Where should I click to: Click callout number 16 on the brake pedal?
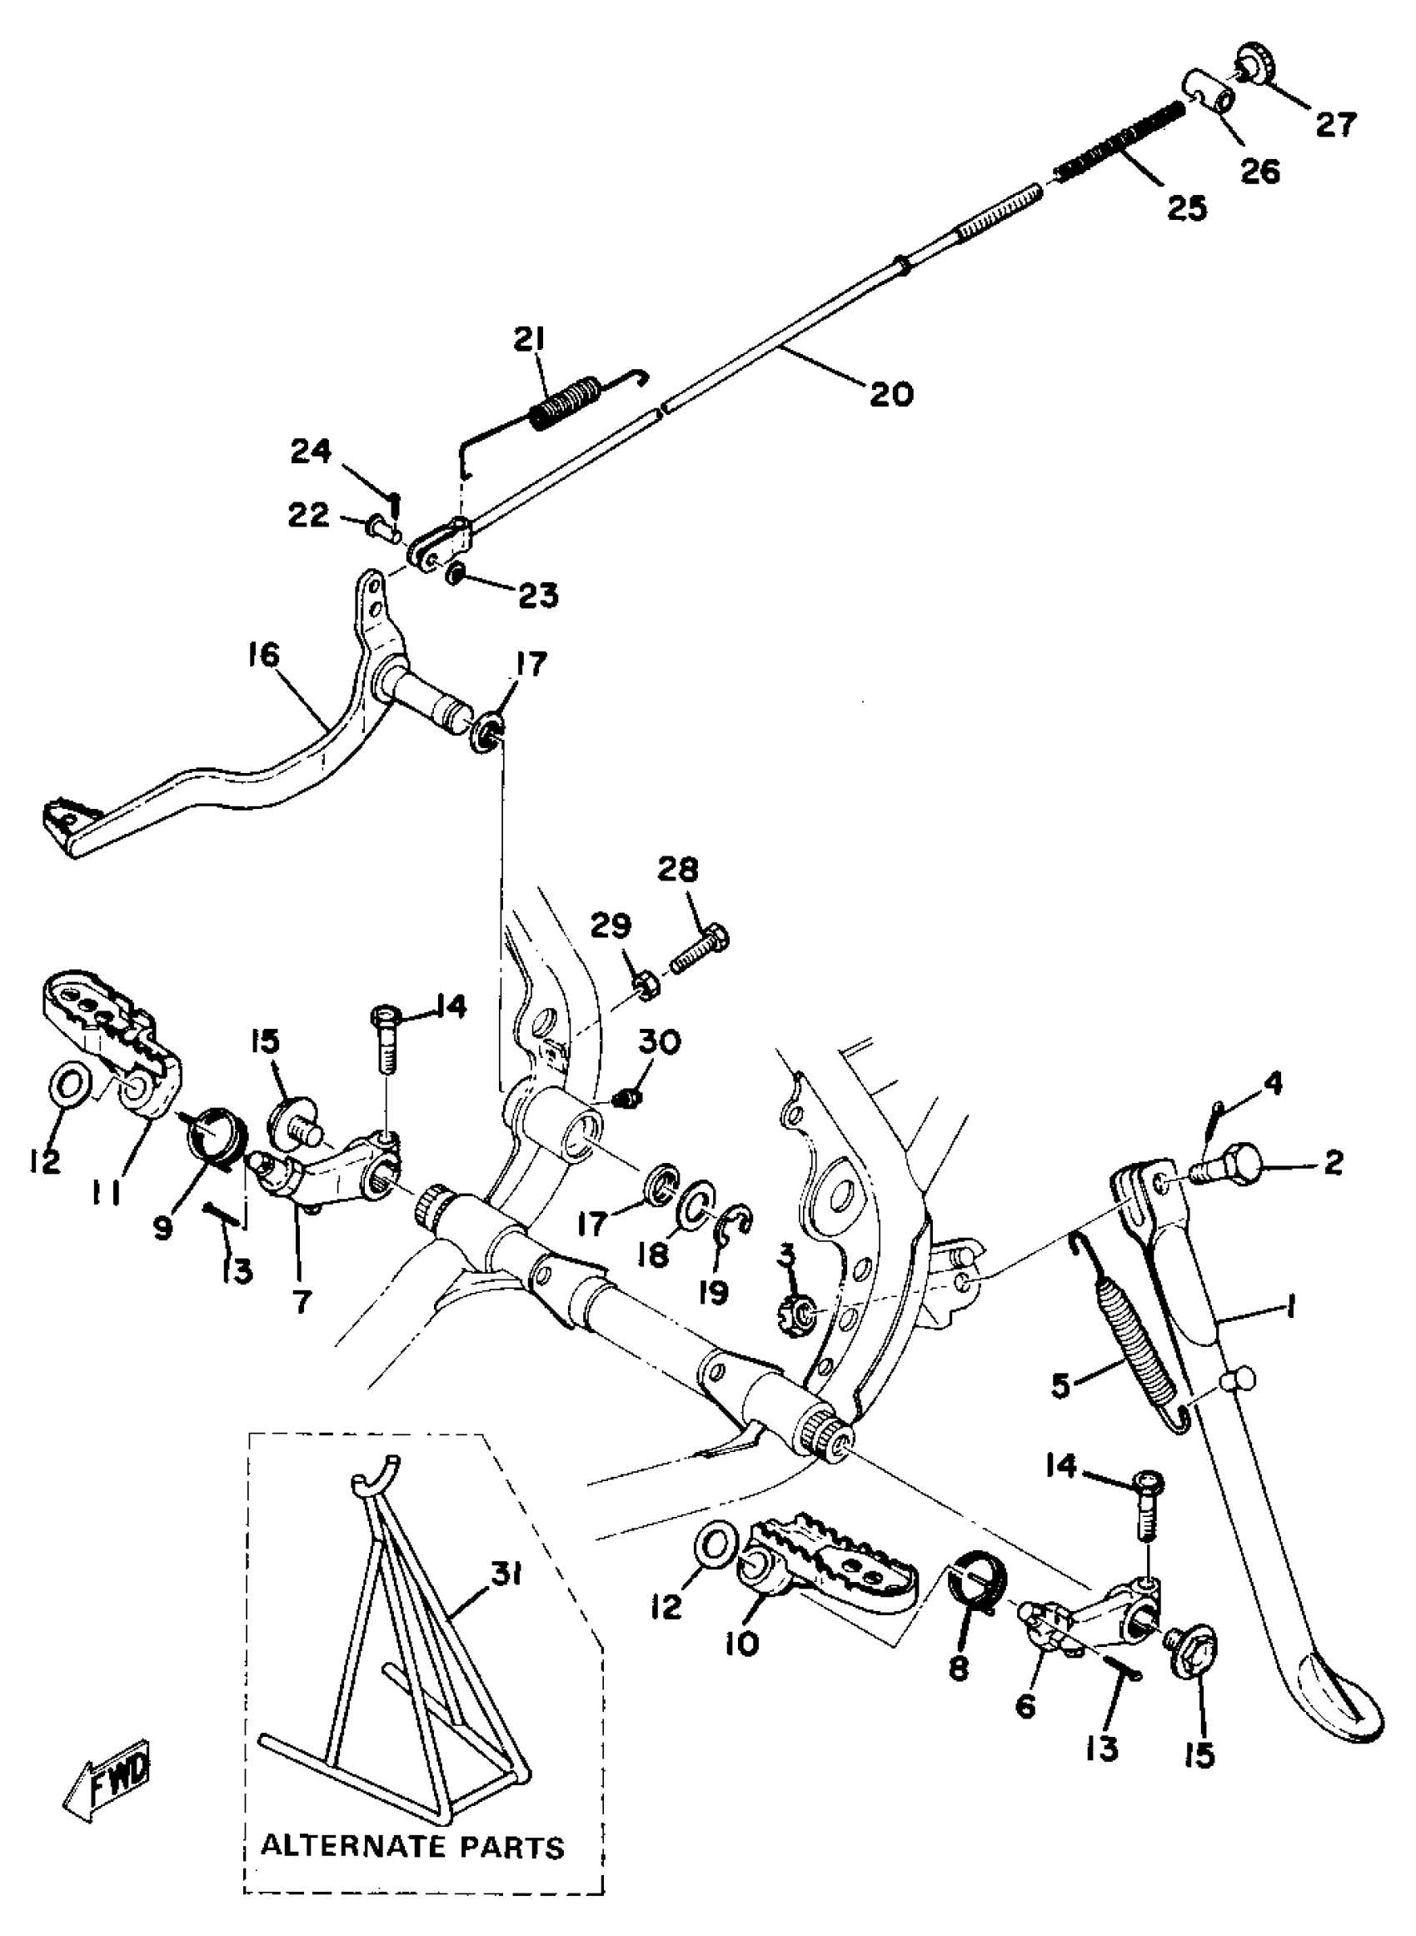pyautogui.click(x=263, y=656)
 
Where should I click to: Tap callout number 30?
pyautogui.click(x=659, y=1042)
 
